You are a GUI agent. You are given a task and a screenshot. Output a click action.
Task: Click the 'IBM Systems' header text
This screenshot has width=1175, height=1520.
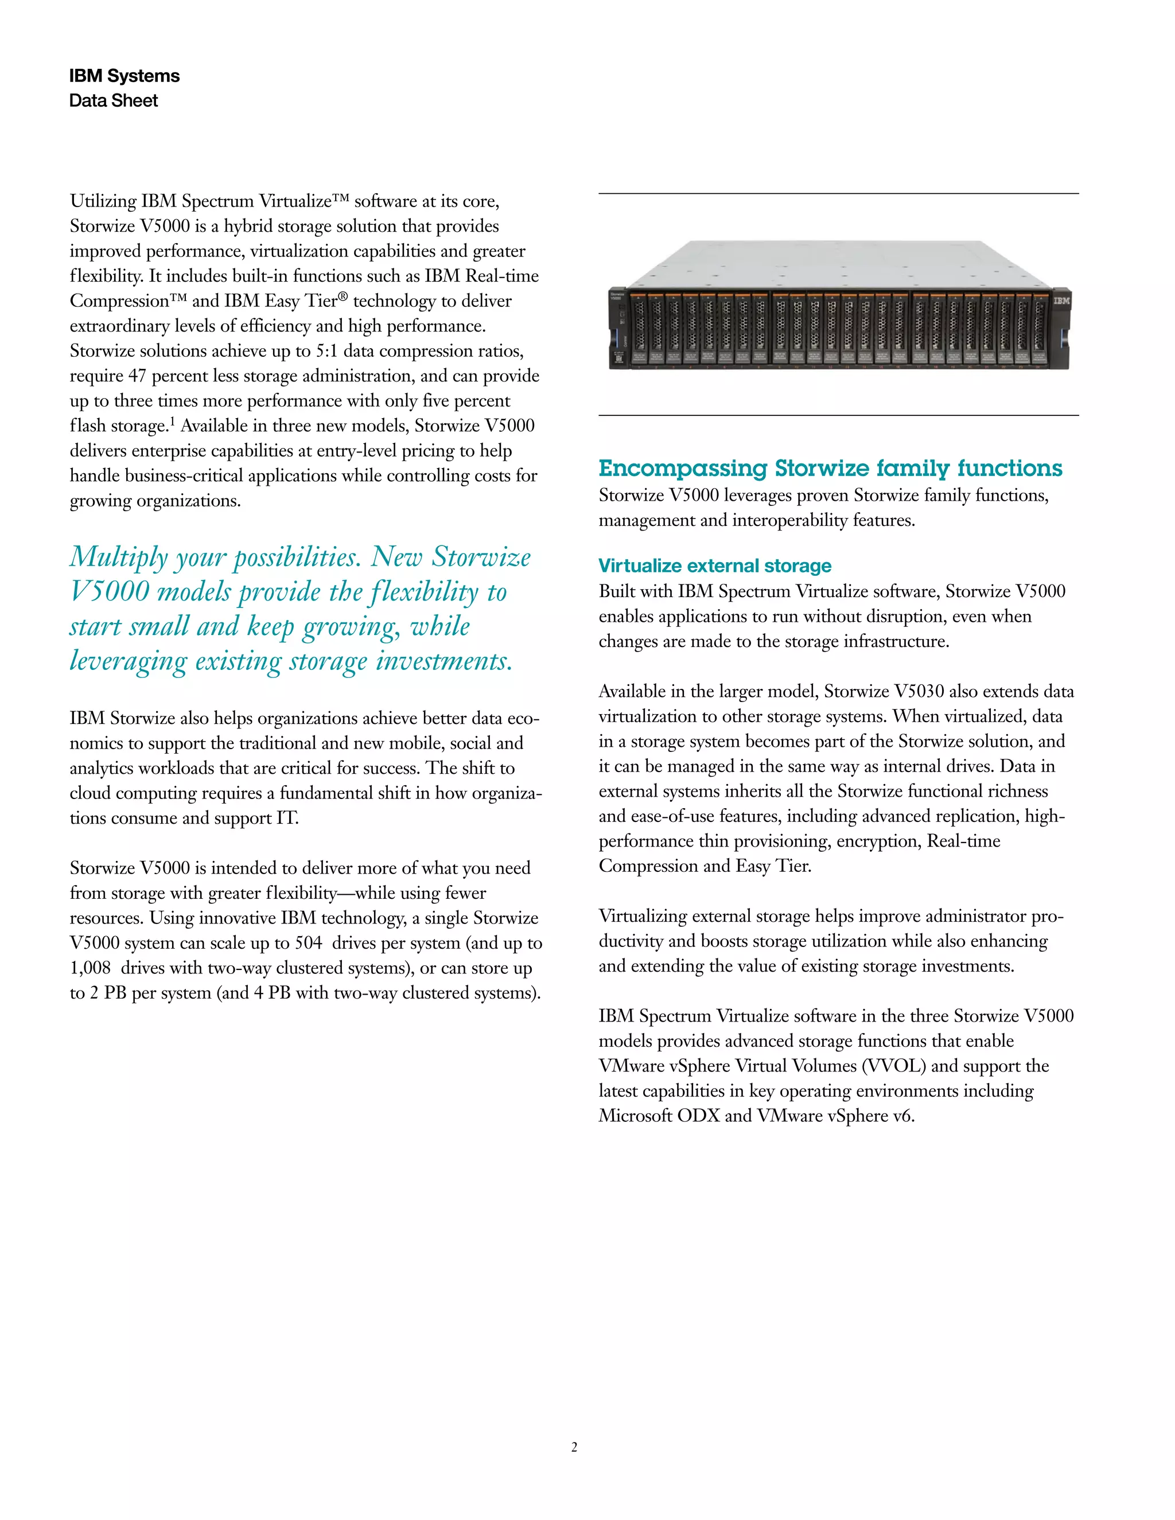pyautogui.click(x=124, y=76)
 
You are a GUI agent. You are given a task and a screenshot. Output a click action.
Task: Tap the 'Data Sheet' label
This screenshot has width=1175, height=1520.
pyautogui.click(x=114, y=101)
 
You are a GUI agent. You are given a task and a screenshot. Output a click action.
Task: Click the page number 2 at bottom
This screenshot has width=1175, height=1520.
pyautogui.click(x=574, y=1447)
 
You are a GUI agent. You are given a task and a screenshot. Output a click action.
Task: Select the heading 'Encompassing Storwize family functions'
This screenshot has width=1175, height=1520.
pyautogui.click(x=830, y=469)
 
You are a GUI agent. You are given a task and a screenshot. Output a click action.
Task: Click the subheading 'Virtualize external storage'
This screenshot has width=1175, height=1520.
pyautogui.click(x=715, y=566)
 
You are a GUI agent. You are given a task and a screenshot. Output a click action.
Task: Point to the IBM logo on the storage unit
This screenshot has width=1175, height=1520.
pyautogui.click(x=1060, y=301)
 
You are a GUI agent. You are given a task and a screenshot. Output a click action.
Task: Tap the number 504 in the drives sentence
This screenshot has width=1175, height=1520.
pyautogui.click(x=308, y=943)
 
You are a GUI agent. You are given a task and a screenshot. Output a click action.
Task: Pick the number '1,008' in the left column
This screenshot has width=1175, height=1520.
pyautogui.click(x=91, y=968)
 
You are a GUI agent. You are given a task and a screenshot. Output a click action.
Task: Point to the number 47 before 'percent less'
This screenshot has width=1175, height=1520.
pyautogui.click(x=137, y=376)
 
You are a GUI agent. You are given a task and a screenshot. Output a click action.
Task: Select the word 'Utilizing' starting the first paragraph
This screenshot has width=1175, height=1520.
pyautogui.click(x=103, y=201)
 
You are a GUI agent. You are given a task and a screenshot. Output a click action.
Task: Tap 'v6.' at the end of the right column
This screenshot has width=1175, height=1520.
pyautogui.click(x=903, y=1116)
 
